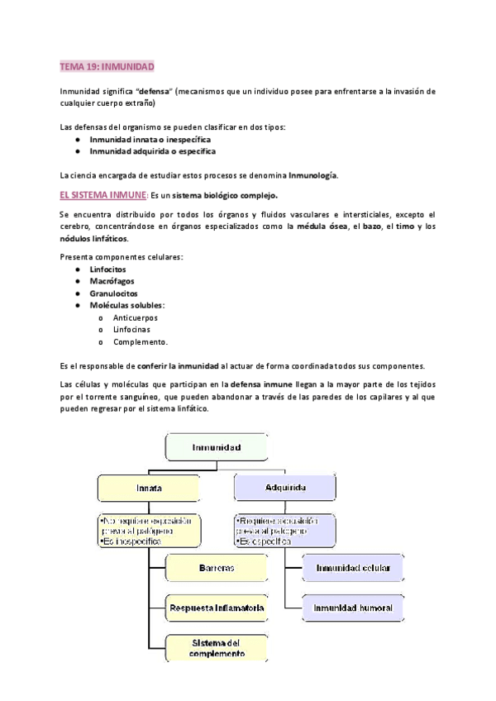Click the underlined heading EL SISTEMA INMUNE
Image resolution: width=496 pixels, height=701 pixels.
click(x=103, y=195)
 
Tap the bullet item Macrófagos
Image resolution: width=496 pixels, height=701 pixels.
click(x=113, y=281)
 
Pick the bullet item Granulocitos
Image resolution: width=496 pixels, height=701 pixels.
click(x=114, y=293)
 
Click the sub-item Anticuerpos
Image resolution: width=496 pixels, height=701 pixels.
click(x=136, y=317)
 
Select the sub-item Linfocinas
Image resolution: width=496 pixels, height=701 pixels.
click(x=132, y=329)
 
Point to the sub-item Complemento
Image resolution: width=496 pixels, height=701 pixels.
click(x=141, y=341)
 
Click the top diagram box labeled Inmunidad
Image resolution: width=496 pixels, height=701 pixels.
click(x=217, y=447)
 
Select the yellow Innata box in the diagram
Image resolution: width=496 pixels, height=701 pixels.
click(x=149, y=487)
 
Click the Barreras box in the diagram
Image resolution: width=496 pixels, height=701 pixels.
click(x=217, y=569)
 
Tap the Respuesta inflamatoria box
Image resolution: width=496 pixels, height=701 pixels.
click(x=217, y=608)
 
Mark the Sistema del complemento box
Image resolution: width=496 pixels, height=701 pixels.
click(x=217, y=647)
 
